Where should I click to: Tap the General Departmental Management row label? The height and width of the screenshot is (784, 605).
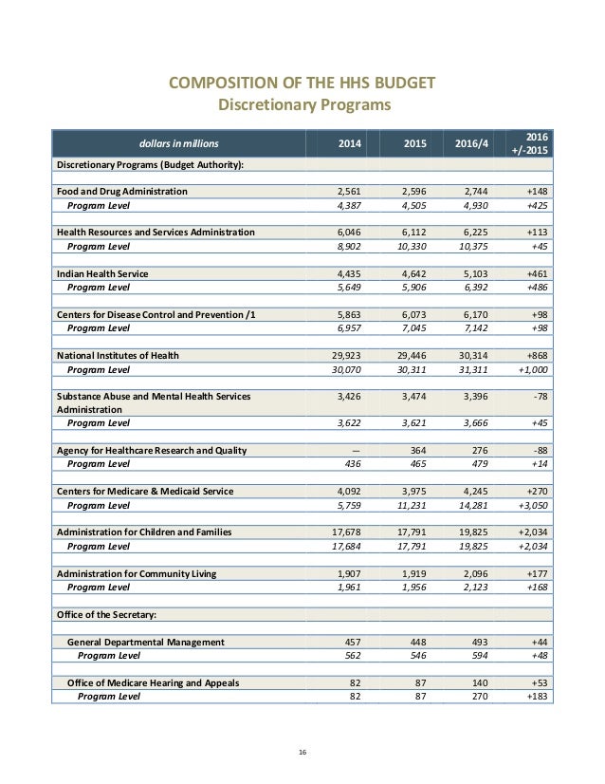click(146, 642)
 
